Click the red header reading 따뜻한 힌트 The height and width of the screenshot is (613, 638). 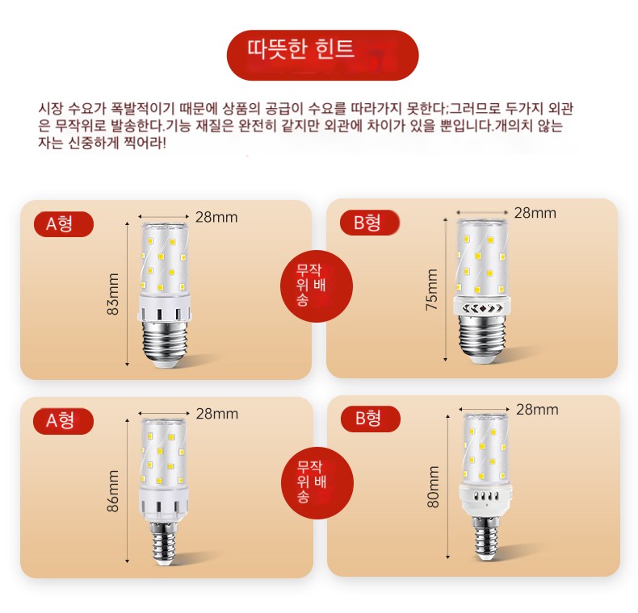pyautogui.click(x=322, y=55)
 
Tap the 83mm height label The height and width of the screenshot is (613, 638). pyautogui.click(x=113, y=294)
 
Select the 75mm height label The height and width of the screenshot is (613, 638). pyautogui.click(x=431, y=290)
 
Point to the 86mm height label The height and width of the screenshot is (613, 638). pyautogui.click(x=113, y=490)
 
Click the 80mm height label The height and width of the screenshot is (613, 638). pyautogui.click(x=434, y=486)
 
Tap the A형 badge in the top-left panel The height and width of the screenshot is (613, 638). pyautogui.click(x=64, y=224)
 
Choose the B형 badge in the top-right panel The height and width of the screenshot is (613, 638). pyautogui.click(x=369, y=223)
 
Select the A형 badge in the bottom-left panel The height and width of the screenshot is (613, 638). pyautogui.click(x=64, y=421)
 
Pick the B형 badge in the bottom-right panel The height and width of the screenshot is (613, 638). pyautogui.click(x=370, y=419)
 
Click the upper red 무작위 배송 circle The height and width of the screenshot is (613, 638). pyautogui.click(x=316, y=286)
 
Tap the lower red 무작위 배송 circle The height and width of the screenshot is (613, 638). pyautogui.click(x=317, y=483)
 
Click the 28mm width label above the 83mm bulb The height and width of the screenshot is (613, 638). pyautogui.click(x=216, y=218)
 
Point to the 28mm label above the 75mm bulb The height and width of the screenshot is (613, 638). pyautogui.click(x=535, y=213)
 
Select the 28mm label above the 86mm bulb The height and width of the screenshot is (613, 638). pyautogui.click(x=217, y=415)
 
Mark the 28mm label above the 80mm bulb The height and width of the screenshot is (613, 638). pyautogui.click(x=537, y=410)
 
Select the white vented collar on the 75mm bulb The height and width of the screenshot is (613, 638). pyautogui.click(x=482, y=306)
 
